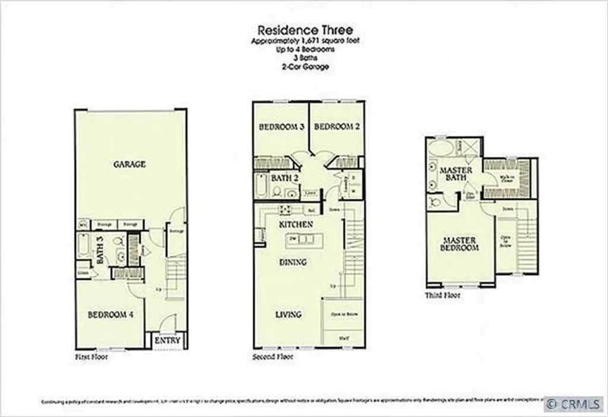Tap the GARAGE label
tap(129, 164)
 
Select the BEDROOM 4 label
tap(110, 315)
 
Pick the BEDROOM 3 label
tap(282, 127)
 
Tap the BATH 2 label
tap(281, 177)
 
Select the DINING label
tap(293, 262)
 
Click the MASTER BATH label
tap(455, 174)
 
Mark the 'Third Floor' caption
tap(442, 294)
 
